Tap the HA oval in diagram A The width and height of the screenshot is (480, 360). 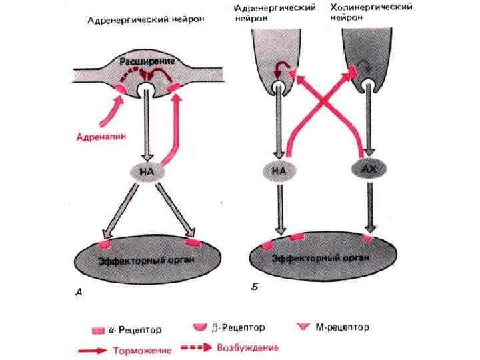pyautogui.click(x=146, y=171)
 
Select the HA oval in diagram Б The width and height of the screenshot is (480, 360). pyautogui.click(x=279, y=172)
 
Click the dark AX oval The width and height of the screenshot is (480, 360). pyautogui.click(x=368, y=171)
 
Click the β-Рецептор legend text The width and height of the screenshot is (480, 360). pyautogui.click(x=238, y=327)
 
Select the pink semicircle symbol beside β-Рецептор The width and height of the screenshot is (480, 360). pyautogui.click(x=199, y=327)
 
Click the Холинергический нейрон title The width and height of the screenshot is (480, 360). pyautogui.click(x=371, y=13)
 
